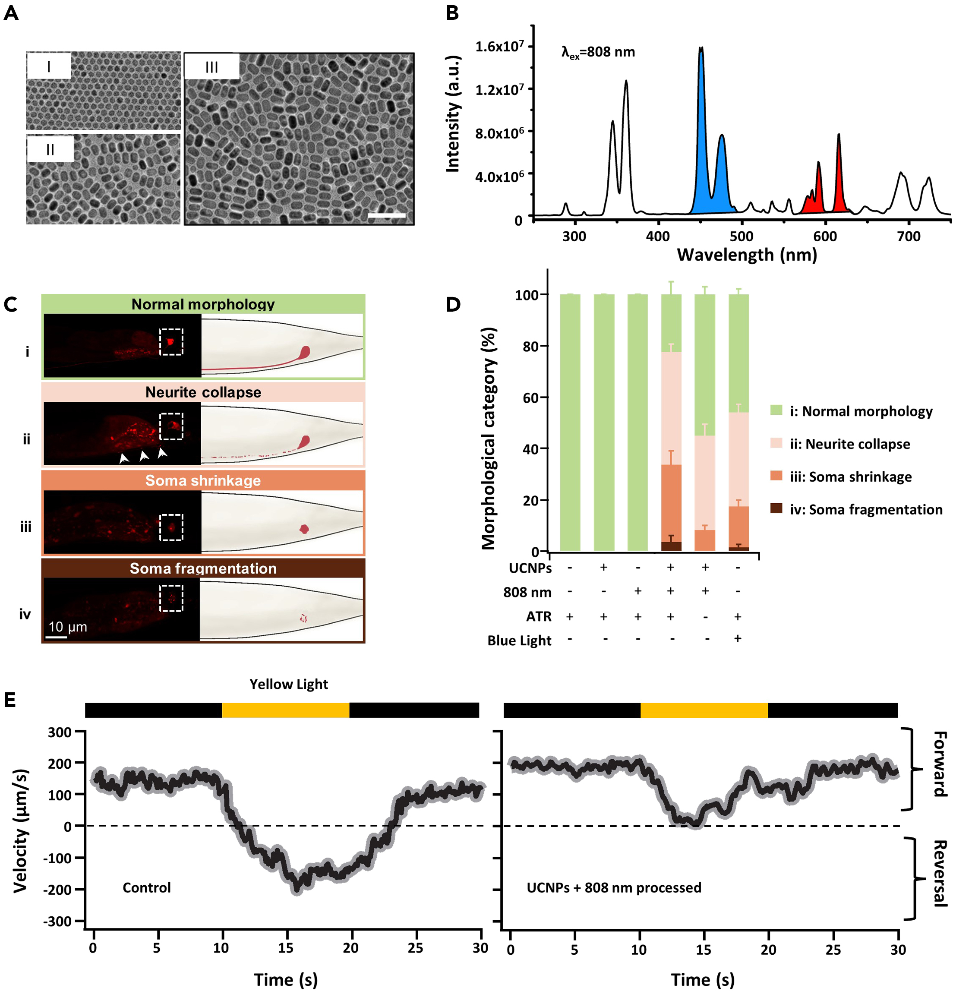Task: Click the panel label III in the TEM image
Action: (x=211, y=67)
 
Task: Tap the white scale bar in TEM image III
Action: (x=386, y=216)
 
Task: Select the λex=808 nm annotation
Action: (x=598, y=52)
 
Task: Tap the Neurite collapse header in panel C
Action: (x=203, y=392)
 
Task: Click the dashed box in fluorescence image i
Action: (x=171, y=342)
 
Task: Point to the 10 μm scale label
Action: (x=68, y=627)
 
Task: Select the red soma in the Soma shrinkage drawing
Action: (x=304, y=529)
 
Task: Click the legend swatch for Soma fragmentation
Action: (x=776, y=508)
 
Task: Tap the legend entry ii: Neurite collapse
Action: (x=850, y=444)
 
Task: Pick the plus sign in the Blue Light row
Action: (x=738, y=638)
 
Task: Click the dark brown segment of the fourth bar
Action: (x=671, y=546)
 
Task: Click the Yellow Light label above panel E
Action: (x=289, y=684)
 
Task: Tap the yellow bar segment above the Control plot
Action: (x=286, y=710)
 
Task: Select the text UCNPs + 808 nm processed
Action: (x=614, y=887)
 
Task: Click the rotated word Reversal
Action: (x=939, y=873)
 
